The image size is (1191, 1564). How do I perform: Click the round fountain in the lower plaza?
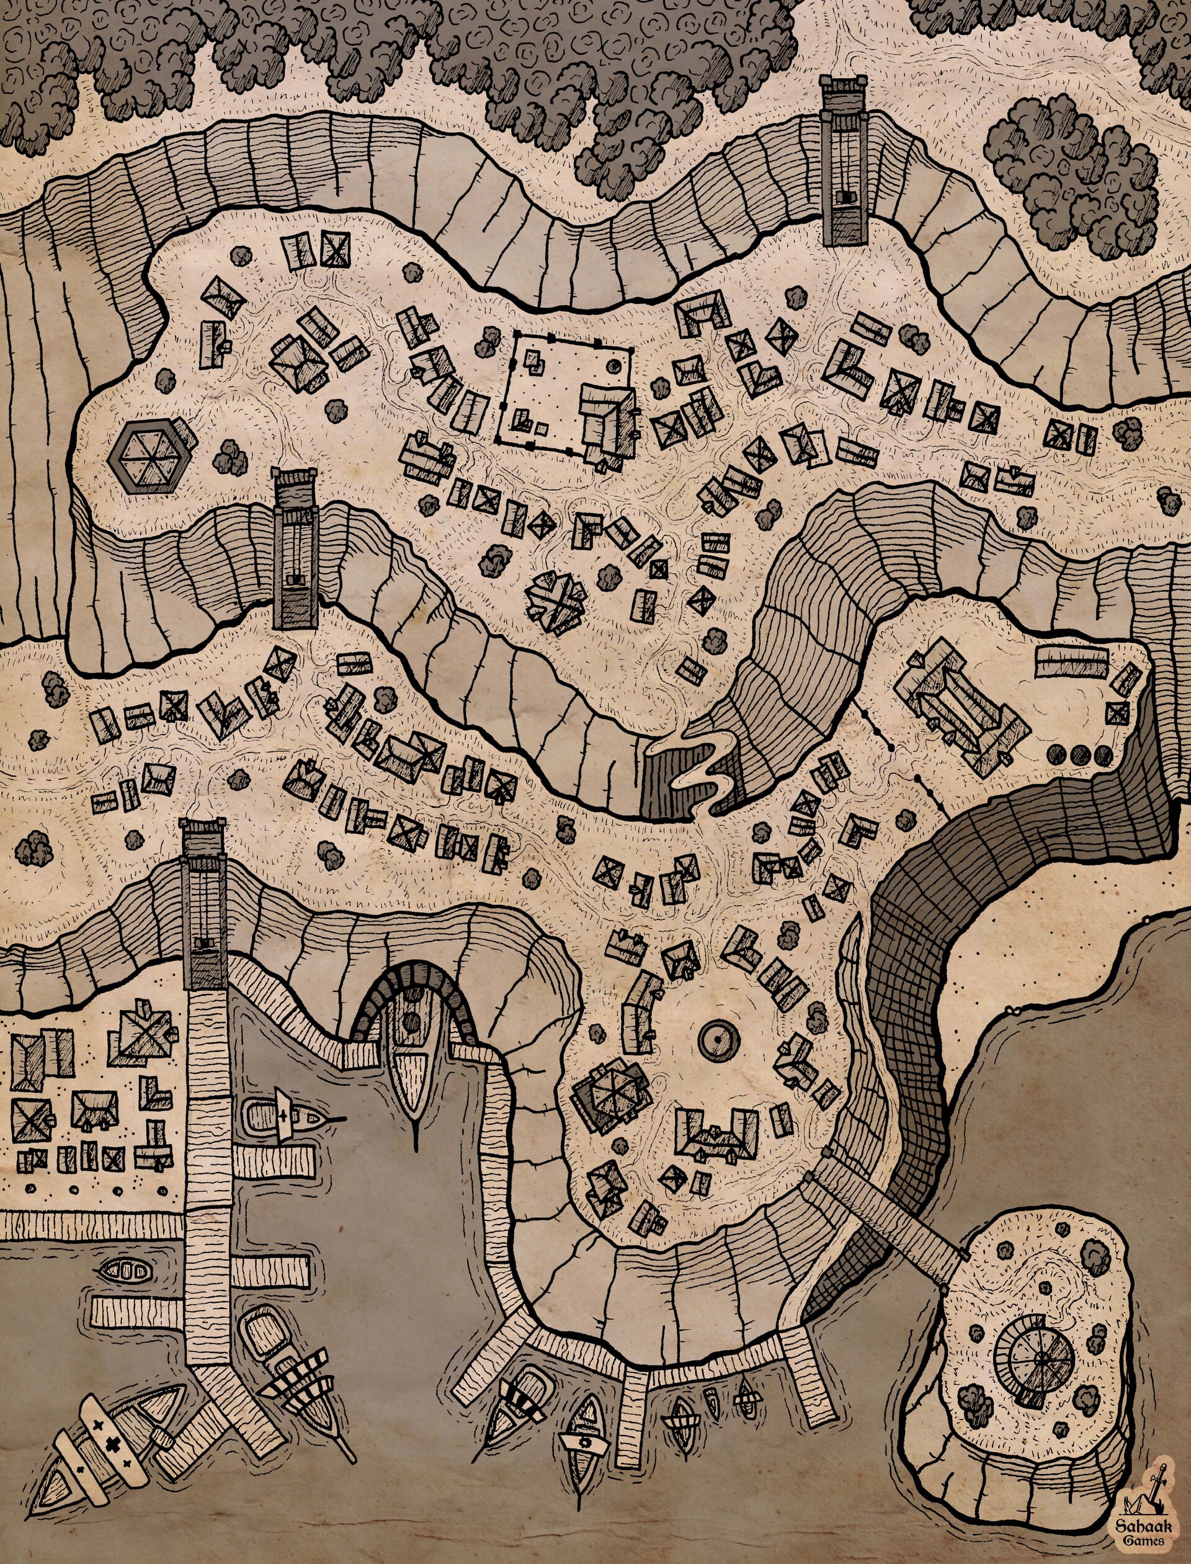719,1039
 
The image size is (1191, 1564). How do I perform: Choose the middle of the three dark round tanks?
1082,754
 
